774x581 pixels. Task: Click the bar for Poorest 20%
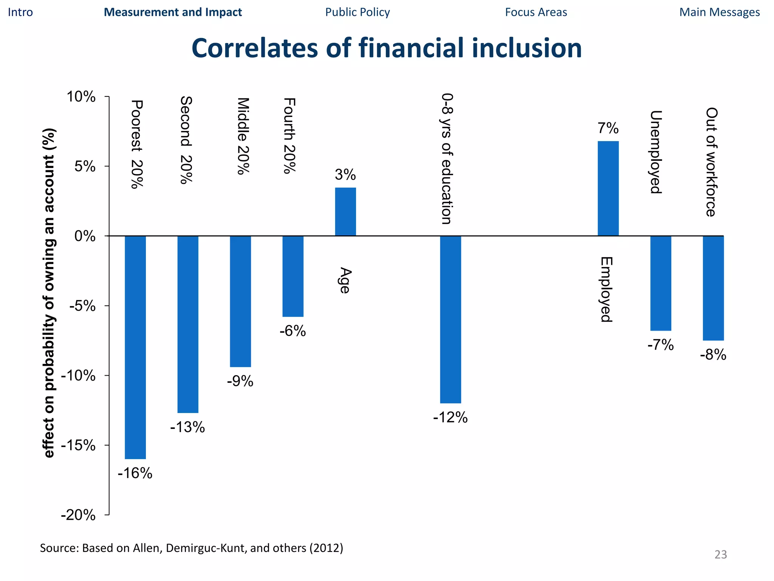tap(135, 347)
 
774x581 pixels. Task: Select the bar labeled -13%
tap(188, 324)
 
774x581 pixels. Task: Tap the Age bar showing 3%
tap(345, 212)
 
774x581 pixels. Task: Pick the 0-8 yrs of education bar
tap(450, 320)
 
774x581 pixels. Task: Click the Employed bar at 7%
tap(608, 188)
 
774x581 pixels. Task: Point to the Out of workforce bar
tap(713, 288)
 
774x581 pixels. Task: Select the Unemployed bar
tap(661, 283)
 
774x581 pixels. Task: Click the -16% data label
tap(135, 473)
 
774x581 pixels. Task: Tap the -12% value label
tap(450, 418)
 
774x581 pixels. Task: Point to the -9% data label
tap(240, 381)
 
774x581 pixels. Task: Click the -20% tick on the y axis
tap(78, 515)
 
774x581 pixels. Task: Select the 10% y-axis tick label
tap(81, 97)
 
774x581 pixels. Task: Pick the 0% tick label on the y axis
tap(85, 236)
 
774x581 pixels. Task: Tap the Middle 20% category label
tap(243, 136)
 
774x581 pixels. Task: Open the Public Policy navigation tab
tap(357, 12)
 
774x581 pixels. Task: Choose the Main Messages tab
tap(719, 12)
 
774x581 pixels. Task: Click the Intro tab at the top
tap(20, 12)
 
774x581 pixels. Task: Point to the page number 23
tap(720, 555)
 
